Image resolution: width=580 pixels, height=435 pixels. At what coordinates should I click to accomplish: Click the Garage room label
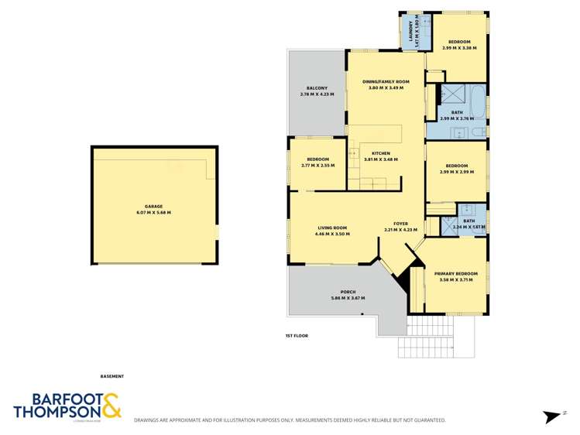(x=153, y=206)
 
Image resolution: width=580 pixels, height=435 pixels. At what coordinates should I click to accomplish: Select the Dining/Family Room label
(x=386, y=81)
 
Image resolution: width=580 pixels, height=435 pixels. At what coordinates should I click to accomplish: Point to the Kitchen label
(x=380, y=153)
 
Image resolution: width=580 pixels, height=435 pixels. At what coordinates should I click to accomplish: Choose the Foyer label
(x=400, y=223)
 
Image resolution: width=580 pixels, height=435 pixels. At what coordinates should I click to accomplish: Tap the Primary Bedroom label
(x=455, y=273)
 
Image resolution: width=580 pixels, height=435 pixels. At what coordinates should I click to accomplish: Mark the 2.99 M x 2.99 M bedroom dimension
(x=456, y=172)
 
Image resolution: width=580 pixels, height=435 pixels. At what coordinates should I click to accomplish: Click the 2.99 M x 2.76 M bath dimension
(x=457, y=119)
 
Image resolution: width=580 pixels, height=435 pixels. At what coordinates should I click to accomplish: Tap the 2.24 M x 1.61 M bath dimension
(x=469, y=227)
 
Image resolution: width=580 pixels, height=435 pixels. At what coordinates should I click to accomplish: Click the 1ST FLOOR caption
(x=297, y=336)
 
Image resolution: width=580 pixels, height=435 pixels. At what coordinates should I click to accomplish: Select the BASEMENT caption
(x=112, y=376)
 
